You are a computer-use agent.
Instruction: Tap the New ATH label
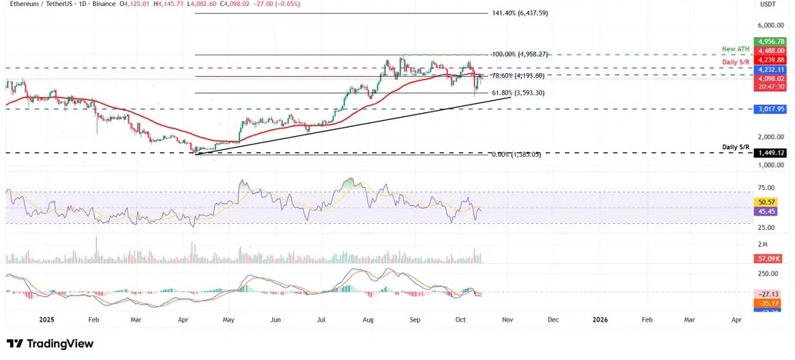(x=736, y=48)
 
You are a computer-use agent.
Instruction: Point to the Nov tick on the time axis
(x=506, y=318)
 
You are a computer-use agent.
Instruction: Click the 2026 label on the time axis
(x=600, y=318)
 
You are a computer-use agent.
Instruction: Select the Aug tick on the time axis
(x=369, y=318)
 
